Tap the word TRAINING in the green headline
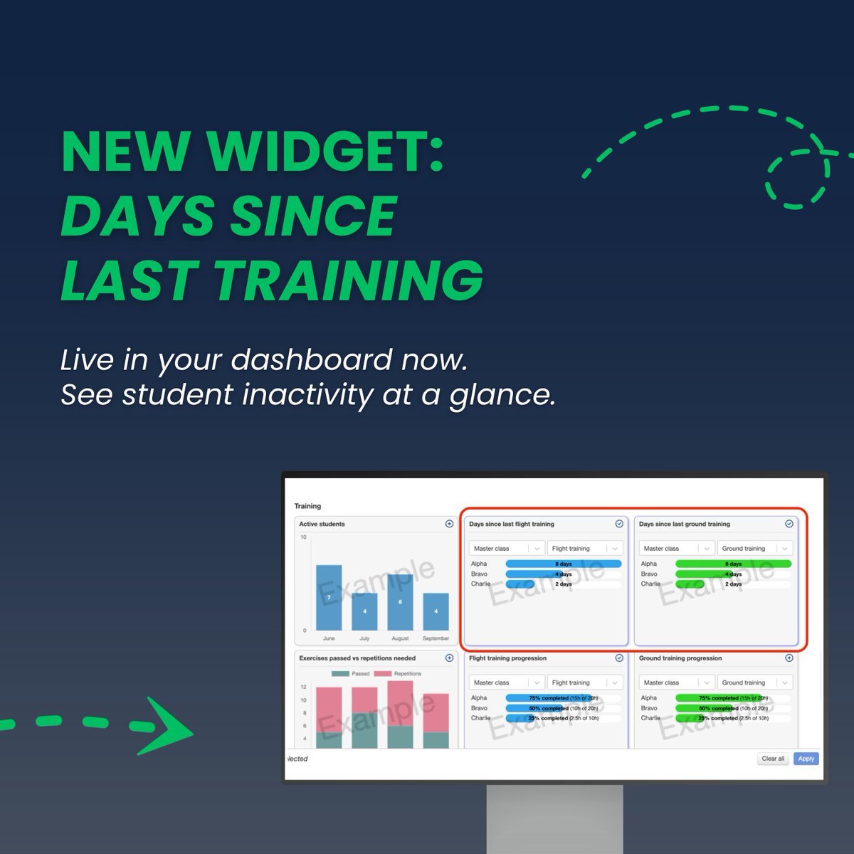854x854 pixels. pyautogui.click(x=349, y=280)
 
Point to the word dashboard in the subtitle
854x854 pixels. pyautogui.click(x=311, y=360)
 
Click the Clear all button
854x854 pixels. pyautogui.click(x=773, y=759)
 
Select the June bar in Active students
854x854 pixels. pyautogui.click(x=329, y=597)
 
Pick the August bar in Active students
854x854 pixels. pyautogui.click(x=400, y=602)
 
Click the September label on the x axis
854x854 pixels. pyautogui.click(x=436, y=638)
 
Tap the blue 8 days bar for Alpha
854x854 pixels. pyautogui.click(x=563, y=564)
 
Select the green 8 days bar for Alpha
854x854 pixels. pyautogui.click(x=733, y=564)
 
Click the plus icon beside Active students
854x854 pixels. pyautogui.click(x=449, y=524)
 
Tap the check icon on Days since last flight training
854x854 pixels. pyautogui.click(x=619, y=524)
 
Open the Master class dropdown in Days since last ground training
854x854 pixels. pyautogui.click(x=673, y=549)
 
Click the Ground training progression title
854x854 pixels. pyautogui.click(x=680, y=658)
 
